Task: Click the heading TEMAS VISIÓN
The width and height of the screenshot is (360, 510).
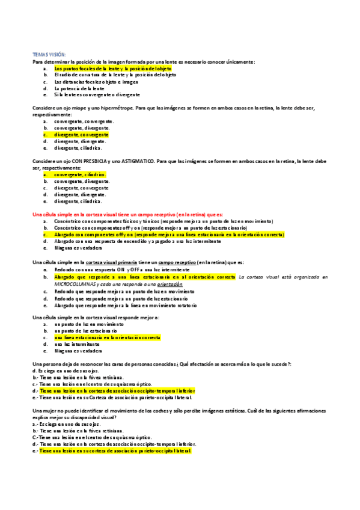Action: pos(50,54)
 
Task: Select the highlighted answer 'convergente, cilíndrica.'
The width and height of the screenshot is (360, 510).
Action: pos(80,174)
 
